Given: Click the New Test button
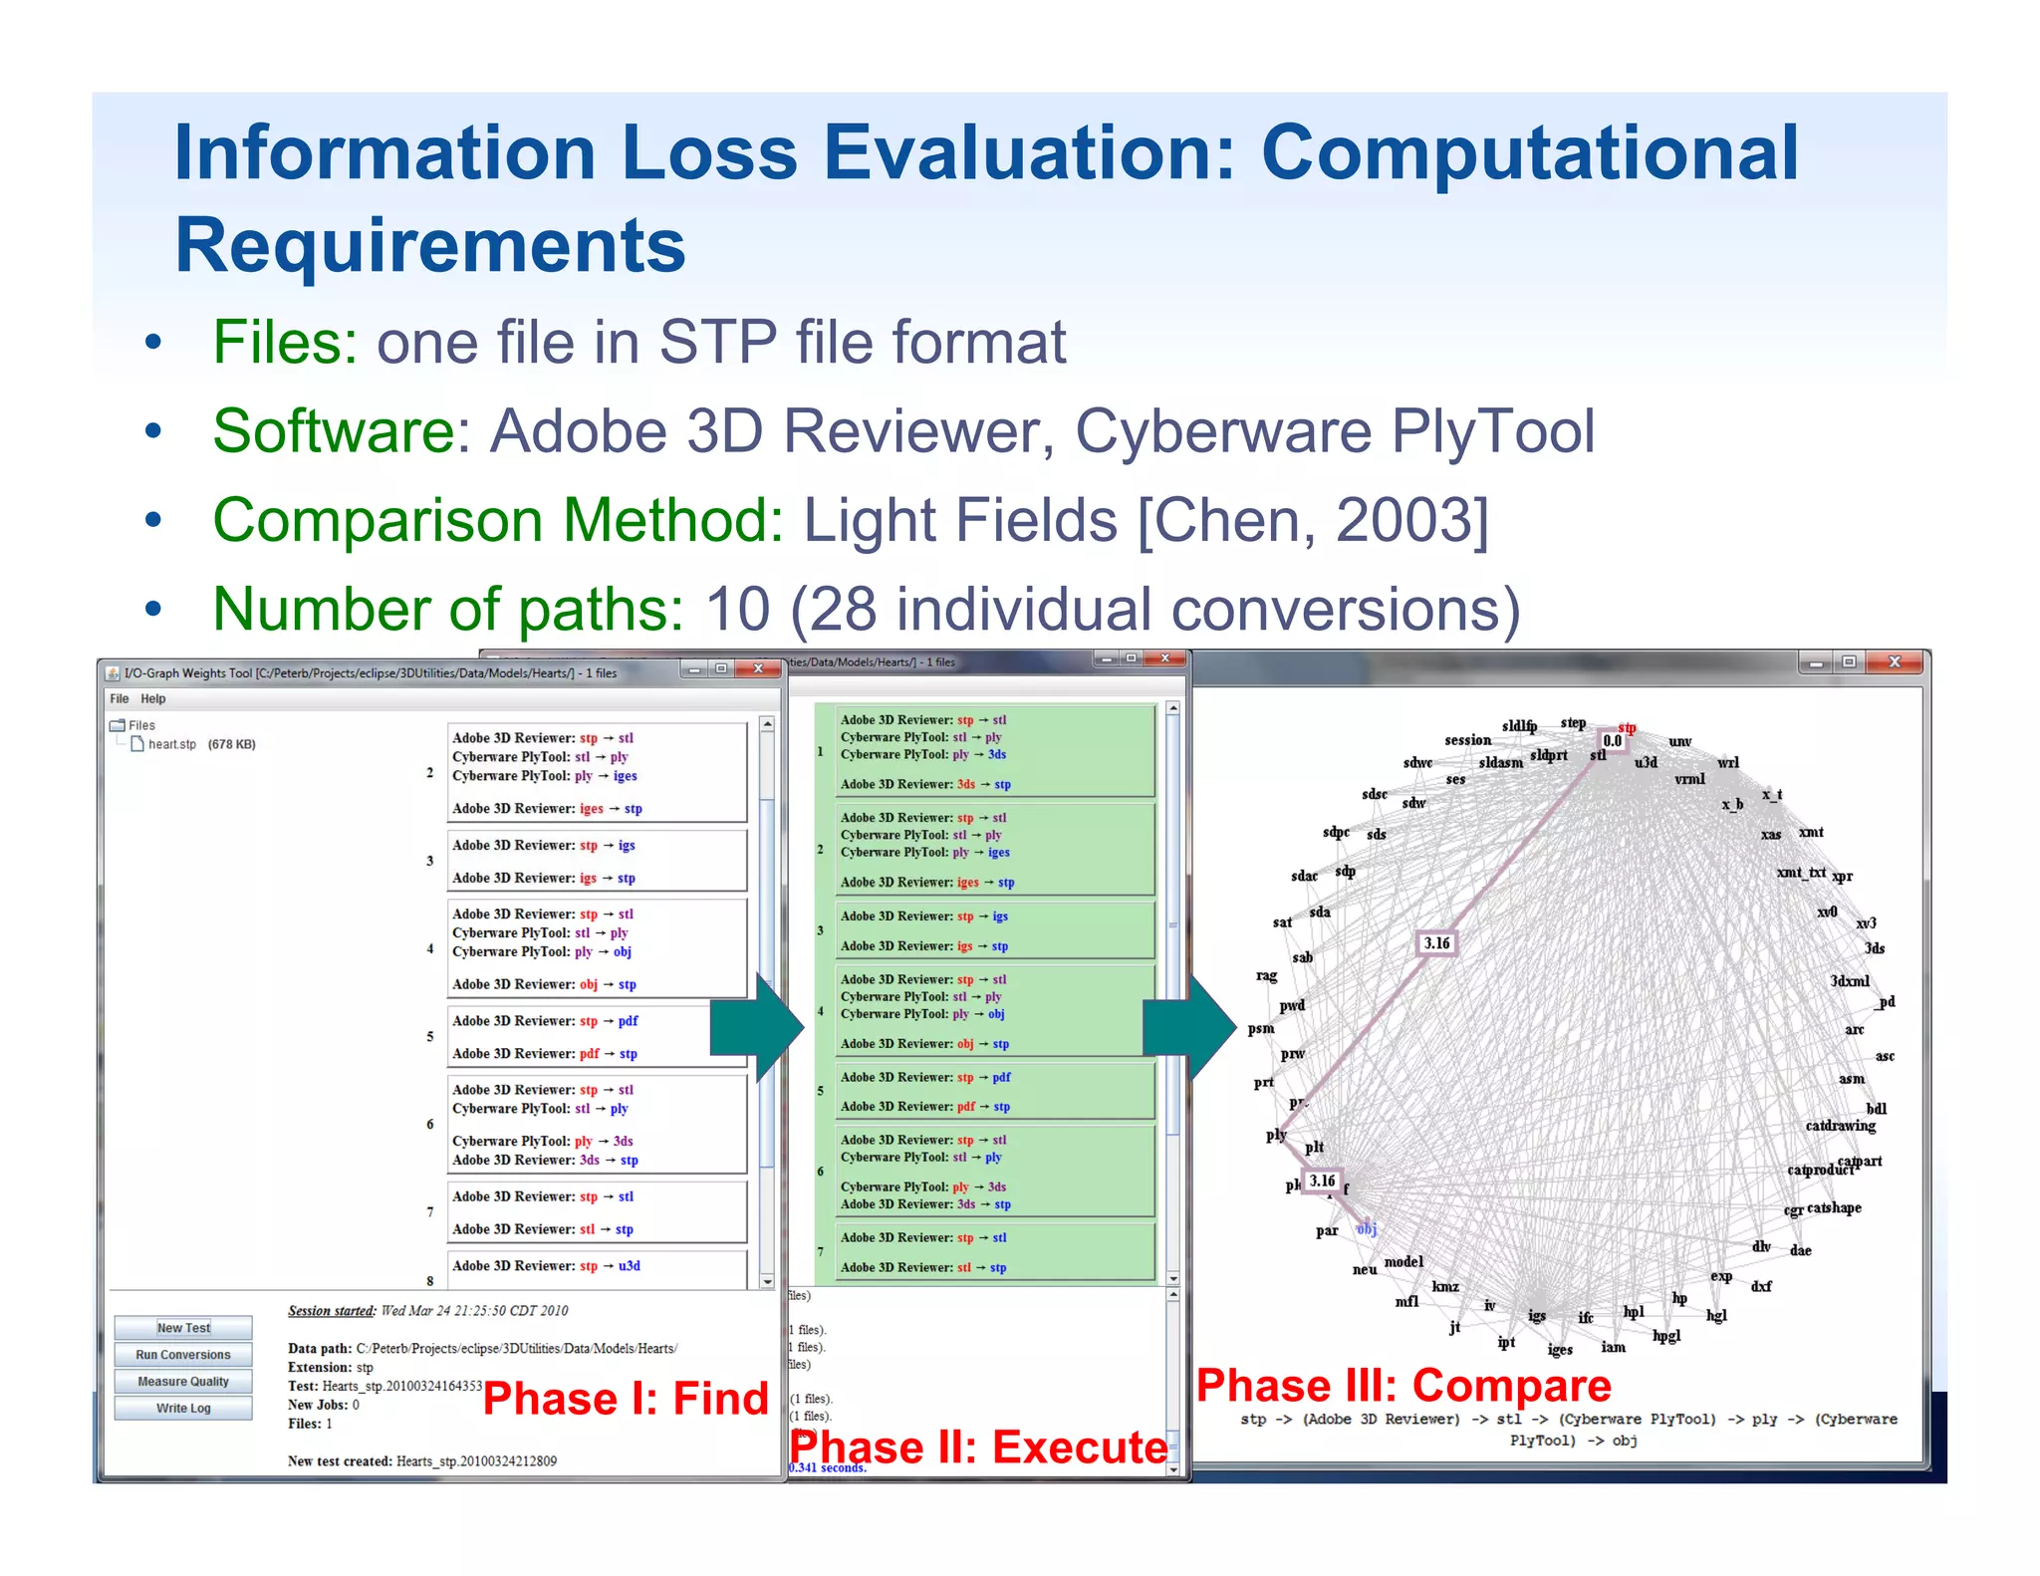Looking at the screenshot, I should pos(183,1328).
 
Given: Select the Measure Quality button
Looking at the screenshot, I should pos(183,1382).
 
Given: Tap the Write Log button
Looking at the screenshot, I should pos(183,1409).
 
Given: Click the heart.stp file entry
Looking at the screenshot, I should pos(172,744).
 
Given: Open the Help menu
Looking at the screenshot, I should pos(152,699).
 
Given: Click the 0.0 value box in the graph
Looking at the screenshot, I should pos(1612,740).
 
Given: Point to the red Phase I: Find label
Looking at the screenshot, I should pos(626,1399).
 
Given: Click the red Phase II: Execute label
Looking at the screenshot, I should pos(978,1447).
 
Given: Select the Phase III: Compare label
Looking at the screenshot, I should pos(1403,1386).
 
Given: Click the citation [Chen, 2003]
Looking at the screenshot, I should pos(1313,520).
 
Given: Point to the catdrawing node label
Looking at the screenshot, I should pos(1840,1126).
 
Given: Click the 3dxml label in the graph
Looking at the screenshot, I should pos(1849,981).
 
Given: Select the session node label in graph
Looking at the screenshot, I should pos(1467,740).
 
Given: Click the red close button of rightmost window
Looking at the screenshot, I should pos(1894,662).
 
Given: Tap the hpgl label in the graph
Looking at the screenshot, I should pos(1665,1336).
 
